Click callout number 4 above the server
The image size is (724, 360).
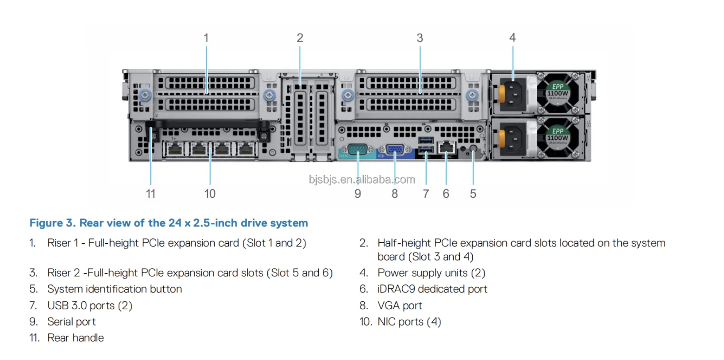click(x=512, y=38)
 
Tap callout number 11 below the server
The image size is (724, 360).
click(x=150, y=194)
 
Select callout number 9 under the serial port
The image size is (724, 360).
click(x=358, y=194)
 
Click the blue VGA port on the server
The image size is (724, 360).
click(x=394, y=149)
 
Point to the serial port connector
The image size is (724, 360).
click(x=358, y=149)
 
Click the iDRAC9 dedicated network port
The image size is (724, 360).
click(x=447, y=147)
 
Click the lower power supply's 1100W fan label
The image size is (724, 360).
click(x=558, y=138)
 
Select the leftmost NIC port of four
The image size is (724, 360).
click(x=175, y=149)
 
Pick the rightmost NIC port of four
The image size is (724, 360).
click(x=245, y=149)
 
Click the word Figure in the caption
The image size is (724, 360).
click(x=46, y=223)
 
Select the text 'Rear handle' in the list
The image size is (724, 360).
click(x=76, y=338)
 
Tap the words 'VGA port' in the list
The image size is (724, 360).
click(x=400, y=306)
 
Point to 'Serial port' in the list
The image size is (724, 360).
click(x=71, y=322)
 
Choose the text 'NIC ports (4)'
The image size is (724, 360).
click(x=409, y=322)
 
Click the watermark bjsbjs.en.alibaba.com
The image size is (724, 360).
click(x=362, y=180)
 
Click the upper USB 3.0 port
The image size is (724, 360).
click(x=426, y=141)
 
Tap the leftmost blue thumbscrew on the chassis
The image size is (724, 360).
click(x=145, y=95)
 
